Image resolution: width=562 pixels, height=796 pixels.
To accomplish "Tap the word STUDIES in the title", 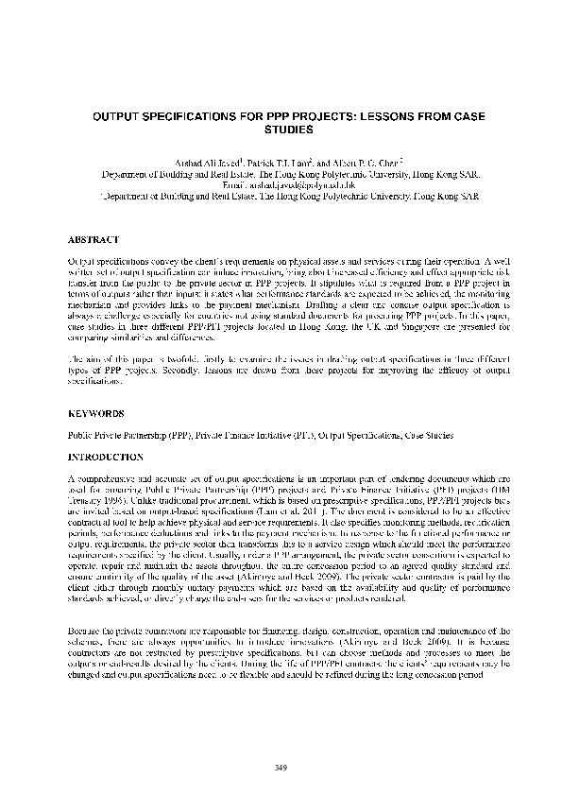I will (281, 135).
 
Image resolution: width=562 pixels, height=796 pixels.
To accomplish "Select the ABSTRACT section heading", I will (94, 240).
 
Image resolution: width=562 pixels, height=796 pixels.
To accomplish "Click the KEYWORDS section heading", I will (96, 413).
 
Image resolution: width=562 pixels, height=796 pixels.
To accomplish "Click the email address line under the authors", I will (281, 186).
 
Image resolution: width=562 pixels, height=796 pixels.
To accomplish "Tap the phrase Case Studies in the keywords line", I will (426, 436).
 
